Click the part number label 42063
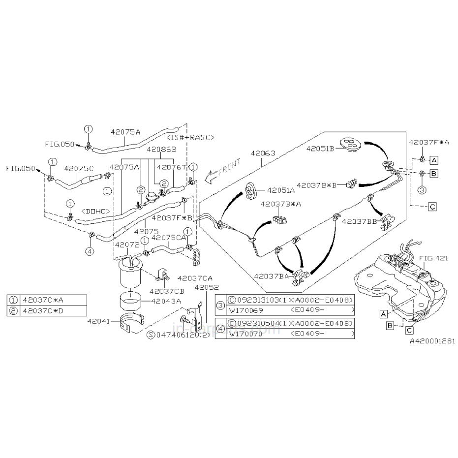point(263,153)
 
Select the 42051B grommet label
point(320,148)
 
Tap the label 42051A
point(281,190)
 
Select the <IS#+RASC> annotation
point(191,138)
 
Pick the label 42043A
point(166,301)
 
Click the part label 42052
point(207,287)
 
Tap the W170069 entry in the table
point(244,310)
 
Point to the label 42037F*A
point(428,143)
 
